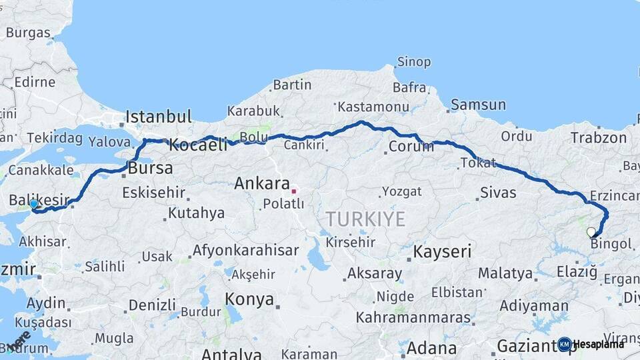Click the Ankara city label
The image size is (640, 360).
coord(262,184)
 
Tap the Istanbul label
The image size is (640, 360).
coord(159,117)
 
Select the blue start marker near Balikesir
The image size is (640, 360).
coord(34,204)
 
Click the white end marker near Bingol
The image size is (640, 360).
coord(591,232)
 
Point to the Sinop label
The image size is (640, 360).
coord(413,62)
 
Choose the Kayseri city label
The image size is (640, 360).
coord(442,252)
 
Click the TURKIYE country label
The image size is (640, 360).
coord(365,219)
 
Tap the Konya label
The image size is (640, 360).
coord(249,299)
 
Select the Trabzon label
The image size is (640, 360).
coord(599,138)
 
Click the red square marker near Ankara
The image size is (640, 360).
coord(293,191)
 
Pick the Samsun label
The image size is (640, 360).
coord(478,105)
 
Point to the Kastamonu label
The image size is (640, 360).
coord(373,107)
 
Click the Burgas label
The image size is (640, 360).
coord(28,33)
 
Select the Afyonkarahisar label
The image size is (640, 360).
coord(245,251)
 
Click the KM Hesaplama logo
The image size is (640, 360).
coord(591,344)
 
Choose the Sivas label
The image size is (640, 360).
coord(498,193)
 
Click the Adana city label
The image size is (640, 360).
coord(431,348)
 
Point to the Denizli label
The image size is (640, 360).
coord(152,305)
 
